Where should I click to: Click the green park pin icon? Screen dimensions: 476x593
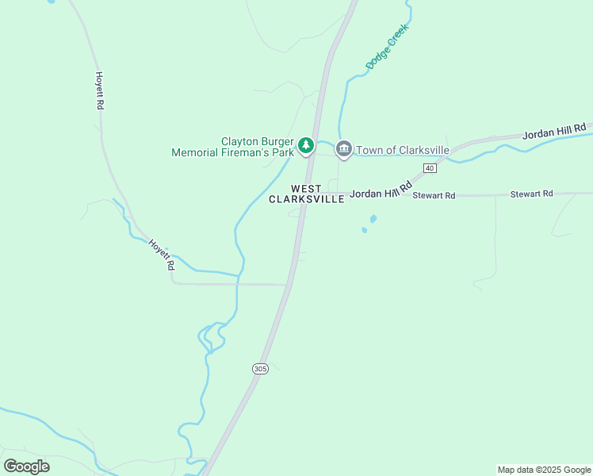coord(306,146)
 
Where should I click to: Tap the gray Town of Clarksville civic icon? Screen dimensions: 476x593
coord(344,148)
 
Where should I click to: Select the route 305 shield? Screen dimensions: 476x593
coord(261,369)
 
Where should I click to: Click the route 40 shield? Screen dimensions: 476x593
coord(430,168)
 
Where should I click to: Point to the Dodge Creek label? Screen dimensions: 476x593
coord(386,46)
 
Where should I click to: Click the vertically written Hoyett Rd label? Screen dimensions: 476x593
coord(100,90)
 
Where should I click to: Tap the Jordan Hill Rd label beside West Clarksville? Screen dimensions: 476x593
coord(381,191)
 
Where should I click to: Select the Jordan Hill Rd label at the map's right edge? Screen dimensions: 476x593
coord(554,131)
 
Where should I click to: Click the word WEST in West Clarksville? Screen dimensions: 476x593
coord(306,189)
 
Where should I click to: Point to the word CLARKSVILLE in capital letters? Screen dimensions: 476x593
coord(306,199)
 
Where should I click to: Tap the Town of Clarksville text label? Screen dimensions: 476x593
coord(403,150)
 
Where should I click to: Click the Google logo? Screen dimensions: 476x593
coord(26,466)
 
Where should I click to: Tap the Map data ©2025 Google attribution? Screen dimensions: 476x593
coord(544,470)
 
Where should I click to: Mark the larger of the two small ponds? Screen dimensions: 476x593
coord(373,219)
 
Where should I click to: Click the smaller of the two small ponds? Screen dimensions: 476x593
coord(364,230)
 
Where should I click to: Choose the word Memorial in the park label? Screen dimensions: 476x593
coord(196,152)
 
